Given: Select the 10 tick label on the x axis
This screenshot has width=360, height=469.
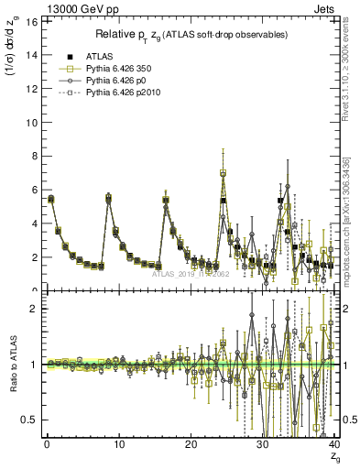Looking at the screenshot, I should [118, 444].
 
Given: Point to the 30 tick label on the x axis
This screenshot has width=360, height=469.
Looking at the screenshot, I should [262, 444].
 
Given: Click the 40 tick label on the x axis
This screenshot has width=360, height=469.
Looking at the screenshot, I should [334, 444].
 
